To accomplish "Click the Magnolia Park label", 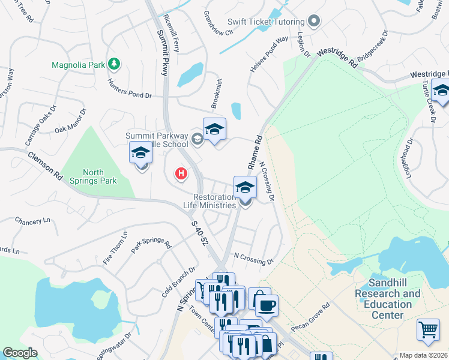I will (77, 64).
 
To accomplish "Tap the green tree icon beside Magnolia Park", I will (113, 64).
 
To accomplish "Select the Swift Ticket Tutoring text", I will (270, 23).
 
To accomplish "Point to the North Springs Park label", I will (99, 176).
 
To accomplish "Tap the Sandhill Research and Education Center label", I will (387, 293).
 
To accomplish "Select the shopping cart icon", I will (427, 328).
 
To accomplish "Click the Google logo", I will (20, 353).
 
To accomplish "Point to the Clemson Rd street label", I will (45, 166).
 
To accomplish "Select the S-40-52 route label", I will (200, 232).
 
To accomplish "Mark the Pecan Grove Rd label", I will (311, 318).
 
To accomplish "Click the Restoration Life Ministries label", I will (214, 201).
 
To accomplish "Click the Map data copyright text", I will (423, 355).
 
